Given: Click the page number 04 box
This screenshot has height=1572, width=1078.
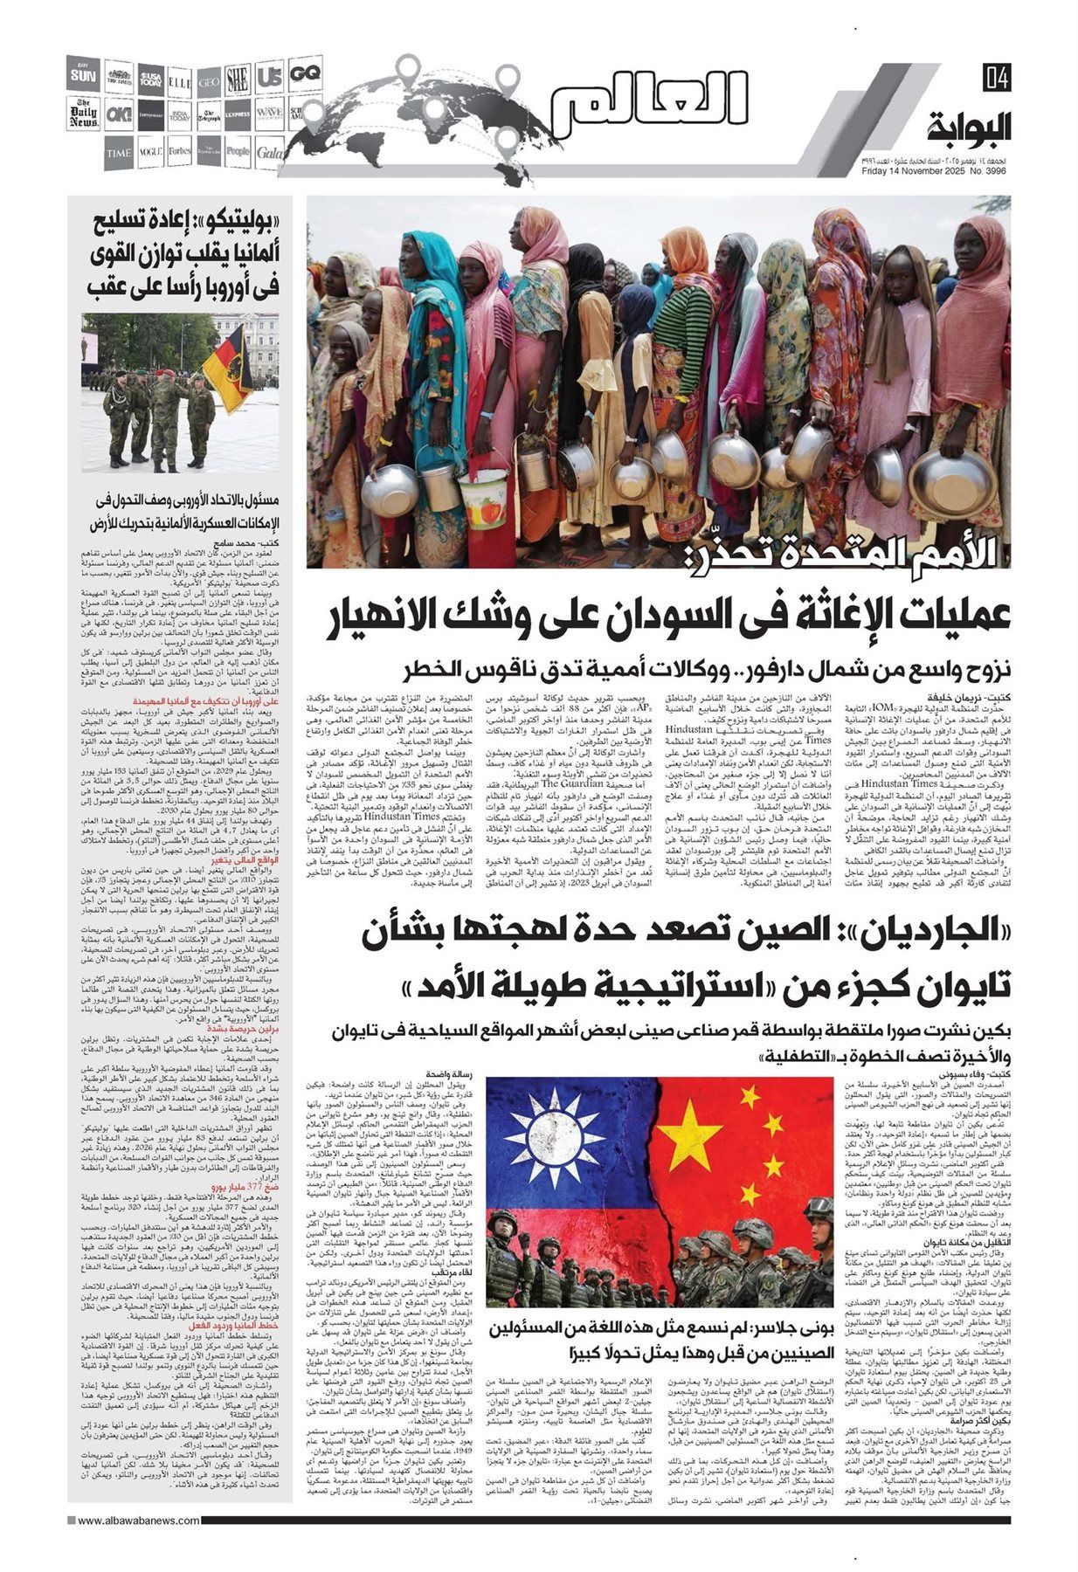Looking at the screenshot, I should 996,78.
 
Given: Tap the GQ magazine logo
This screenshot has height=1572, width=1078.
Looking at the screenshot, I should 303,74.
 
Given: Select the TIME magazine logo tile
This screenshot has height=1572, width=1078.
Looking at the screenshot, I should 119,153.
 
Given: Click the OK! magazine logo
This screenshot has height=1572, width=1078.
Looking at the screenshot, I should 118,114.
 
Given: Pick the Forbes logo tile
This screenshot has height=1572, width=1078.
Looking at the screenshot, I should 180,153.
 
